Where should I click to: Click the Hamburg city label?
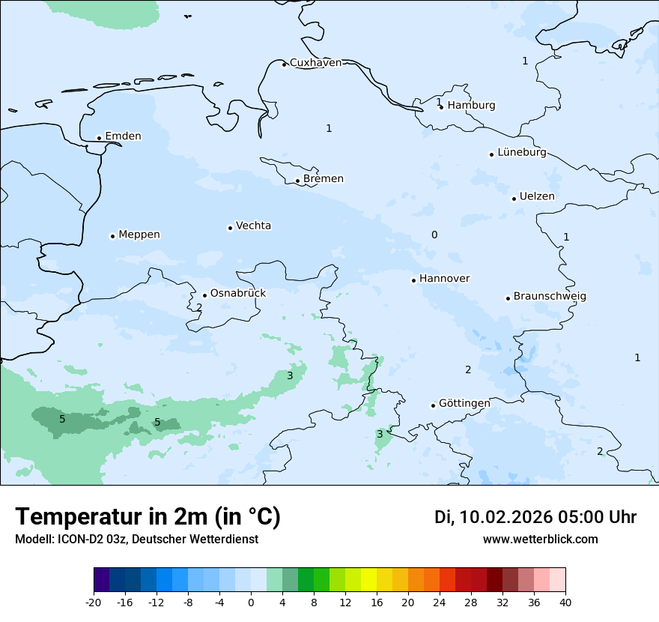pos(471,106)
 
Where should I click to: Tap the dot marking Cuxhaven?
pos(284,64)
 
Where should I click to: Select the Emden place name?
pos(123,136)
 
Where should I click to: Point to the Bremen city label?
pos(324,179)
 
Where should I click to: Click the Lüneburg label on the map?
pos(521,153)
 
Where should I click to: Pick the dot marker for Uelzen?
pos(514,199)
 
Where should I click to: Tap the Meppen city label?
pos(139,235)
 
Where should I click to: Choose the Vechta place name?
pos(253,226)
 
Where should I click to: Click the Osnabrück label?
pos(238,294)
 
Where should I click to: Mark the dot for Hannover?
pos(413,280)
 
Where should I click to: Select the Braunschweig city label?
pos(550,297)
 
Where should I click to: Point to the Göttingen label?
pos(464,404)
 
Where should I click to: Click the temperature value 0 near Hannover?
pos(434,235)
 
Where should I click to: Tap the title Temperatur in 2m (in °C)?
pos(148,517)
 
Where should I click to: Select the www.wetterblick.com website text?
pos(540,540)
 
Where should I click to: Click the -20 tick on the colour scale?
pos(94,602)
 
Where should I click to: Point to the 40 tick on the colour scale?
pos(565,602)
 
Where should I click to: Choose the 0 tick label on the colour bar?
pos(251,602)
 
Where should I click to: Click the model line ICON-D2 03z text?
pos(136,540)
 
